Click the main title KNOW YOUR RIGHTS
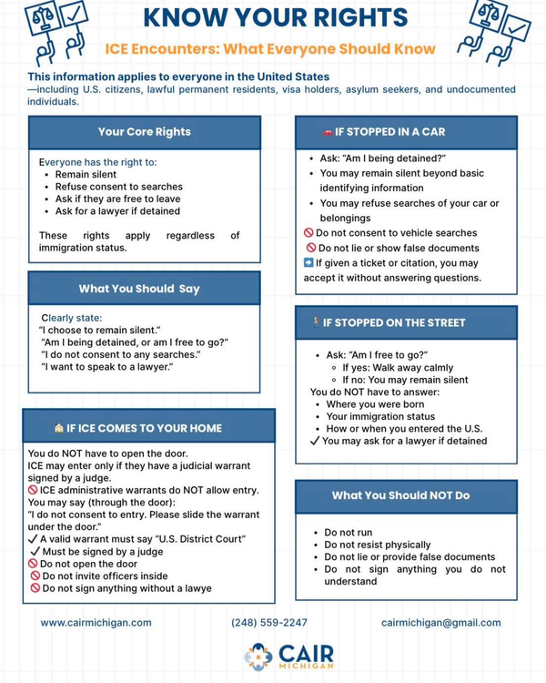tap(276, 17)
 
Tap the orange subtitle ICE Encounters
tap(270, 48)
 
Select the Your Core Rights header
tap(144, 132)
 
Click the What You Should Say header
tap(139, 289)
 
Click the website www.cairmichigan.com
tap(96, 623)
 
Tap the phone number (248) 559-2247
tap(269, 623)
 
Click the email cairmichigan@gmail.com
tap(440, 623)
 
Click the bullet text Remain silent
tap(86, 174)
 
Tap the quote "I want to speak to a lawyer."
tap(106, 367)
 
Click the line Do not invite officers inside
tap(105, 576)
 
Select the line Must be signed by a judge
tap(102, 551)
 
